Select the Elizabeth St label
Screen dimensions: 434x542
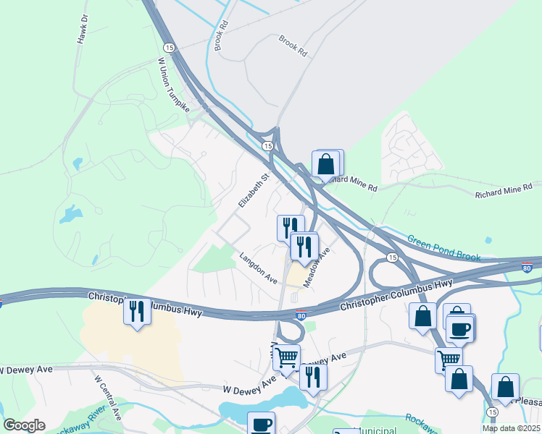pos(255,187)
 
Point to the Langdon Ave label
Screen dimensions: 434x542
pos(259,268)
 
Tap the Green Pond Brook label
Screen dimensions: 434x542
pos(444,247)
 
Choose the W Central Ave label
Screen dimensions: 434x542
pos(107,397)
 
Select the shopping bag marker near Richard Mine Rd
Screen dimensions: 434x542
pos(327,163)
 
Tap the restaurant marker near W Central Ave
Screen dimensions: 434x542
pos(136,311)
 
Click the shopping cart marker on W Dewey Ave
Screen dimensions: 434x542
pos(286,357)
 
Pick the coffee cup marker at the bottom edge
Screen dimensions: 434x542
pos(261,424)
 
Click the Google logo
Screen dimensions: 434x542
pos(25,425)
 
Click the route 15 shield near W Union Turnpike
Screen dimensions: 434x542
pos(170,47)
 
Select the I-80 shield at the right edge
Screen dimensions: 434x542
pos(528,268)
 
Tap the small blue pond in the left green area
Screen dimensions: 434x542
pos(72,214)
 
